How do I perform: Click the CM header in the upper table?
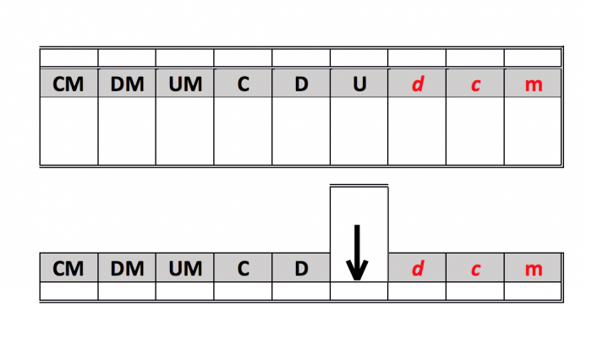(69, 85)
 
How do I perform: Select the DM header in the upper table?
(127, 85)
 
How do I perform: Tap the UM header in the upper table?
(185, 85)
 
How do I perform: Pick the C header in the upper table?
(243, 85)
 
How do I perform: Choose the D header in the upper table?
(301, 85)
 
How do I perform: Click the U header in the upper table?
(359, 85)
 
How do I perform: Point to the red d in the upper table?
(417, 85)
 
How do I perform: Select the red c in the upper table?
(475, 85)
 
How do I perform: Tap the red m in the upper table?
(533, 85)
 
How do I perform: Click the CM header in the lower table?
(69, 269)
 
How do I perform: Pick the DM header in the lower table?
(127, 269)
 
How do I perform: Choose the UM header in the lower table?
(185, 269)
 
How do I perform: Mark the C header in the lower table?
(243, 269)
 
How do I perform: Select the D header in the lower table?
(301, 269)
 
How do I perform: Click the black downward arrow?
(358, 252)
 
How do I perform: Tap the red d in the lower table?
(417, 269)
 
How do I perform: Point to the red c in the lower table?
(475, 269)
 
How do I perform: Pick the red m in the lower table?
(533, 269)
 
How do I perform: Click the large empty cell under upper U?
(359, 130)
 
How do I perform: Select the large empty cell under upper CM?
(69, 130)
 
